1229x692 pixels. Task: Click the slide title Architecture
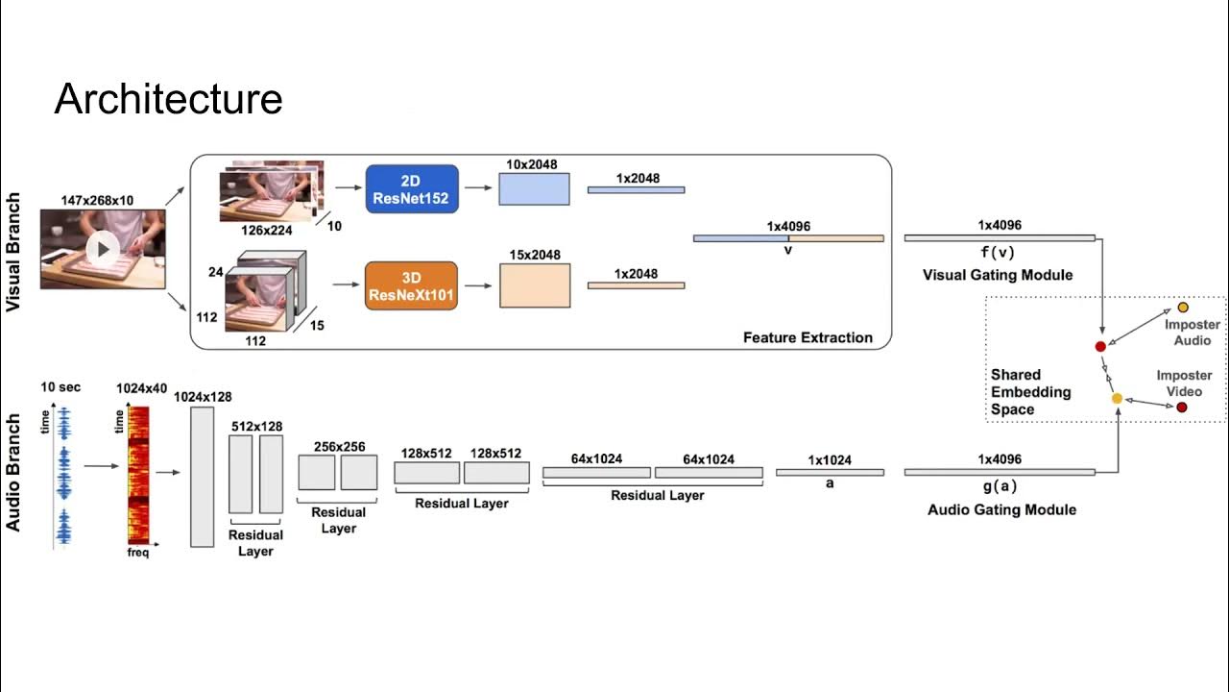tap(168, 99)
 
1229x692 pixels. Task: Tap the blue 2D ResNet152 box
tap(412, 188)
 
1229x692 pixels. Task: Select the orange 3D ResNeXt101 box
tap(412, 285)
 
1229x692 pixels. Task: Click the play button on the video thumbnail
tap(103, 250)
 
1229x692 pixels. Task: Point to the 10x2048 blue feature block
tap(534, 188)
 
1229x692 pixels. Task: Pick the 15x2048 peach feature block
tap(535, 285)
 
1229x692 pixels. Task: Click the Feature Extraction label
tap(807, 337)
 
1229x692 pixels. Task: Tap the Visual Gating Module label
tap(998, 275)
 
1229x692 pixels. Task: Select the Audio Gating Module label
tap(1001, 509)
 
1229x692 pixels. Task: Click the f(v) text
tap(999, 254)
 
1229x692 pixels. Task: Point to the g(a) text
tap(999, 487)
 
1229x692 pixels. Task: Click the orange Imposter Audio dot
tap(1183, 308)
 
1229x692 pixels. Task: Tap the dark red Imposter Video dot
tap(1182, 408)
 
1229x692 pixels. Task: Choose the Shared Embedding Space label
tap(1030, 392)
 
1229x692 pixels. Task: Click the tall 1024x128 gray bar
tap(202, 477)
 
